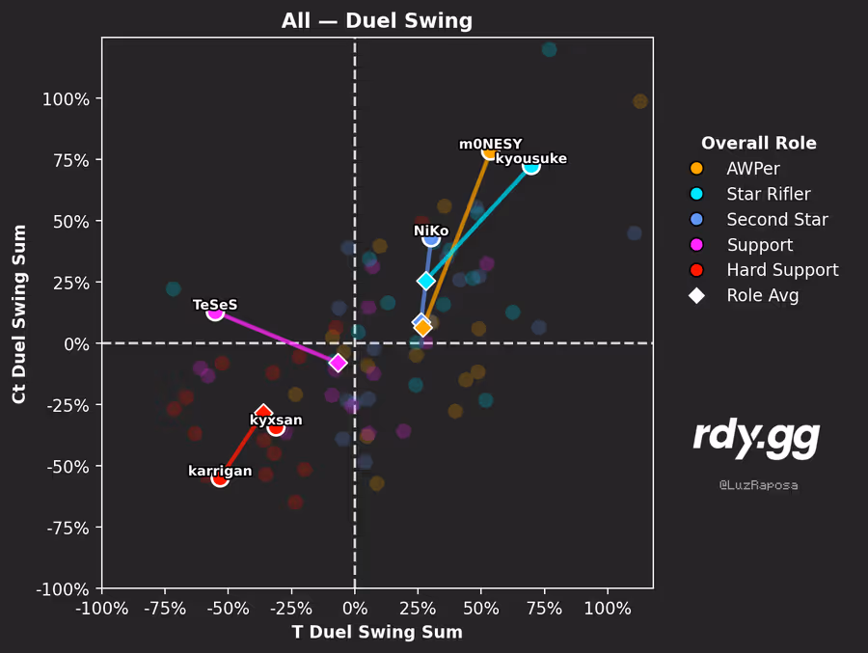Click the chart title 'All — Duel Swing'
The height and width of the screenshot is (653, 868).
(377, 20)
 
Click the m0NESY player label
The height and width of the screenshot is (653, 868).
(490, 145)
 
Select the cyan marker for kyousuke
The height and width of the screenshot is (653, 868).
(530, 167)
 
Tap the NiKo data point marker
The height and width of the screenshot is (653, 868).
(431, 238)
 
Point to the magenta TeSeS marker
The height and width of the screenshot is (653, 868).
(215, 312)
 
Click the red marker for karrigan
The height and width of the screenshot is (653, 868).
(220, 478)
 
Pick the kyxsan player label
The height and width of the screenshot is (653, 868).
(276, 420)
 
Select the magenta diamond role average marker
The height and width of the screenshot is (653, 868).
(338, 363)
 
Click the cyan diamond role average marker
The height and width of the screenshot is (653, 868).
(426, 281)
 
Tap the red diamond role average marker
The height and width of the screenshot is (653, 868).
(263, 413)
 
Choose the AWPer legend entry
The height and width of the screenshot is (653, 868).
(753, 169)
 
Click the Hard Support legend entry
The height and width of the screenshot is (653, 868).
(782, 270)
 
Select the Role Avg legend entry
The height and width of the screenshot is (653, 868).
(762, 296)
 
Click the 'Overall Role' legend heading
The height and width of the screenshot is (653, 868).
(758, 144)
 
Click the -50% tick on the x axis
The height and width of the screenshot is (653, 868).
(229, 610)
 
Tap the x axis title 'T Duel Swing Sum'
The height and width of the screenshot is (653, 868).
(377, 632)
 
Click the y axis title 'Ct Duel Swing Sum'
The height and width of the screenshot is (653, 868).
(19, 313)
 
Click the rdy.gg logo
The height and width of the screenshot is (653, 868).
(756, 439)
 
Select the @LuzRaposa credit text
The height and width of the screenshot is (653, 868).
(758, 485)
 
